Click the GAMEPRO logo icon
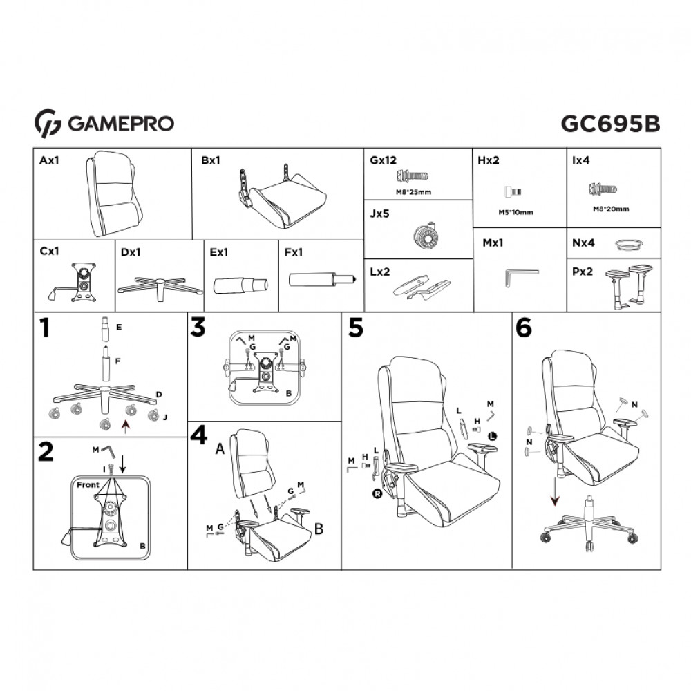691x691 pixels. coord(48,123)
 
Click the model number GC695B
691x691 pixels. coord(610,123)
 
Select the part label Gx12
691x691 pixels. coord(383,160)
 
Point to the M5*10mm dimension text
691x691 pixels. coord(515,212)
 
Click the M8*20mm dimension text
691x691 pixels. coord(611,209)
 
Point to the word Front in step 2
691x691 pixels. coord(88,484)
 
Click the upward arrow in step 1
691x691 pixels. coord(125,428)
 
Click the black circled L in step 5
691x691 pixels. coord(492,435)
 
